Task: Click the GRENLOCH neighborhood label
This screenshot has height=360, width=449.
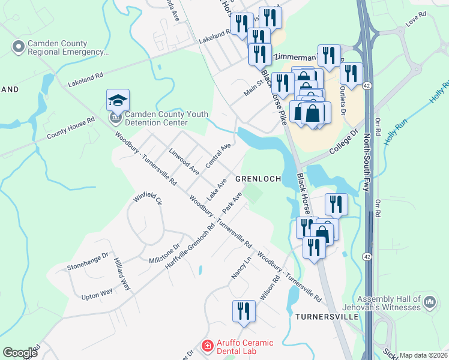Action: coord(258,179)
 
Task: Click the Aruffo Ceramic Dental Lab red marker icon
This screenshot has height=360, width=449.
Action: coord(207,346)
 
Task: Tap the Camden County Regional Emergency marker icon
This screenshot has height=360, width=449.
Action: coord(19,46)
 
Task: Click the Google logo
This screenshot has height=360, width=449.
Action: coord(20,352)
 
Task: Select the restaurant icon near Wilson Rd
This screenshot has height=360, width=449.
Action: coord(244,311)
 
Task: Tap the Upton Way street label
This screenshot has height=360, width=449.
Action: coord(97,292)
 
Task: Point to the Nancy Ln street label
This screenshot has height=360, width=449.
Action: coord(240,267)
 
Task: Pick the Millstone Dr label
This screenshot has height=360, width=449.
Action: coord(164,253)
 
